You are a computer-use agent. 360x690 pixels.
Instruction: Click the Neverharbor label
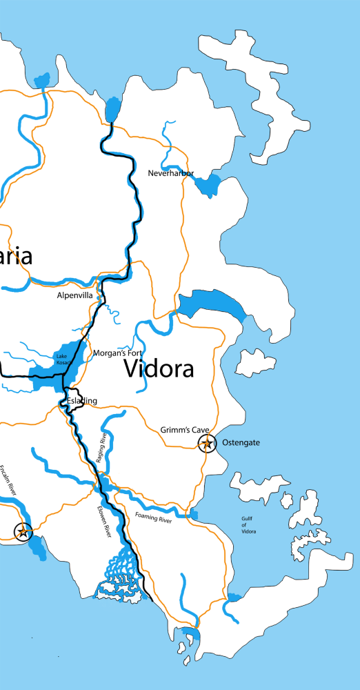click(x=171, y=173)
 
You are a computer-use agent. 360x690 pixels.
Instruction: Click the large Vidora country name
click(x=159, y=369)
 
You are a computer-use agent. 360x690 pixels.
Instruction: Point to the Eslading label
click(x=81, y=401)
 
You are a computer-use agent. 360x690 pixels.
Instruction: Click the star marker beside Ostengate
click(x=206, y=444)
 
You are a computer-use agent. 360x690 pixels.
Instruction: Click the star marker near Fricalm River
click(x=23, y=531)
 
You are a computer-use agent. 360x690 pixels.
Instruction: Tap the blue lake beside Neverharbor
click(x=208, y=185)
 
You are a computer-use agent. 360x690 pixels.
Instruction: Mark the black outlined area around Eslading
click(x=74, y=401)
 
